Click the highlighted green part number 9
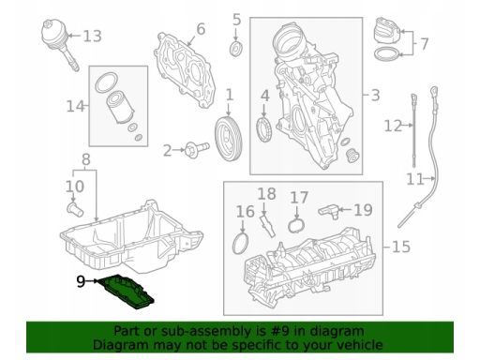click(126, 292)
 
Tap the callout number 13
click(92, 37)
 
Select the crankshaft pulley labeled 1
click(229, 139)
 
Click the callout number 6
click(201, 29)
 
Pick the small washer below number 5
click(236, 49)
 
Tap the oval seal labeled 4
click(264, 129)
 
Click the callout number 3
click(375, 96)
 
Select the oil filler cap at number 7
click(386, 31)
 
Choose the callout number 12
click(393, 126)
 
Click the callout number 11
click(415, 179)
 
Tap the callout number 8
click(86, 159)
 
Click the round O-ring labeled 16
click(242, 244)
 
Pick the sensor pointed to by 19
click(329, 211)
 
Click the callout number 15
click(401, 247)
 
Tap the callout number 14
click(76, 107)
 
